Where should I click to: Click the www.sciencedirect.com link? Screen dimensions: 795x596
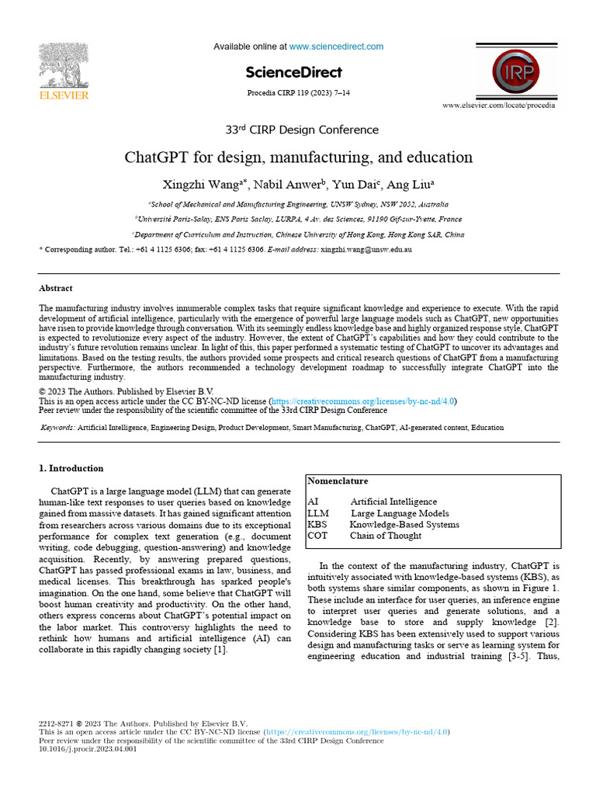(x=336, y=47)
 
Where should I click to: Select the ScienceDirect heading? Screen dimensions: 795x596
(x=293, y=72)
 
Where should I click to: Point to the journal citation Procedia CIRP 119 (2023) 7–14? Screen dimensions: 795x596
(x=298, y=93)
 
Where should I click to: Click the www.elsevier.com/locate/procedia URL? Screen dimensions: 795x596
(x=498, y=105)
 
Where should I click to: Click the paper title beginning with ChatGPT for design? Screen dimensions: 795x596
(x=299, y=158)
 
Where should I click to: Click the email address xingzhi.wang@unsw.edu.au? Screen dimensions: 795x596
(x=366, y=250)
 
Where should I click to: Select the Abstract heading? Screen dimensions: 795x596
(x=55, y=288)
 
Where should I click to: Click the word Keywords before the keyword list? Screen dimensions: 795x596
(x=57, y=428)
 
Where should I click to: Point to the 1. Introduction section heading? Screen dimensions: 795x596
(x=71, y=468)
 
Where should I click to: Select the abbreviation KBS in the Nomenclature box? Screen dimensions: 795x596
(x=317, y=524)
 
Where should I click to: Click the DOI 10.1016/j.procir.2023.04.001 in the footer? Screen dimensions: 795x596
(x=87, y=749)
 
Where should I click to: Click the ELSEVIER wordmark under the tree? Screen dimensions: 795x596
(x=64, y=95)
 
